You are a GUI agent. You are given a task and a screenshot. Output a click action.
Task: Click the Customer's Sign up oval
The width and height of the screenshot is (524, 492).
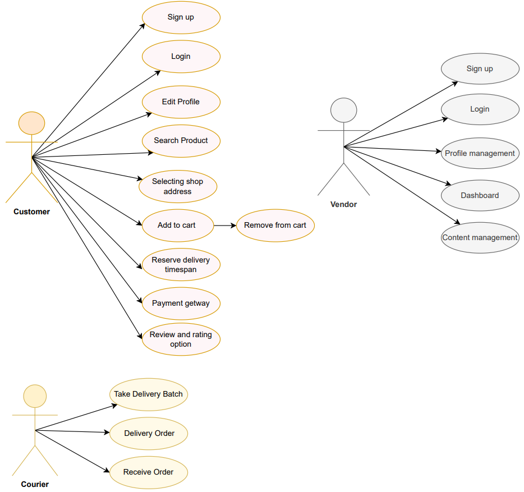[x=181, y=17]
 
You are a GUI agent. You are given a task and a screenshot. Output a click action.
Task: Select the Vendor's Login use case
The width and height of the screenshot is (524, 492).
[x=480, y=109]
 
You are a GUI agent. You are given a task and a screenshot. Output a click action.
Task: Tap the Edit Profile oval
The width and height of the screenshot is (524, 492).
[x=181, y=102]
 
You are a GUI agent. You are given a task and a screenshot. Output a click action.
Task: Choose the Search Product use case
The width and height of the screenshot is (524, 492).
[x=181, y=141]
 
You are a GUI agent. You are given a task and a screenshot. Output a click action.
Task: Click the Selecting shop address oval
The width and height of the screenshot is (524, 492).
[x=177, y=186]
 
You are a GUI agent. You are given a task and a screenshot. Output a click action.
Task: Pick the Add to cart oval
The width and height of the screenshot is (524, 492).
[x=177, y=226]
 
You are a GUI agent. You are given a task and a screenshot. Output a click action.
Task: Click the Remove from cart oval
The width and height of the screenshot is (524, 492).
[x=275, y=226]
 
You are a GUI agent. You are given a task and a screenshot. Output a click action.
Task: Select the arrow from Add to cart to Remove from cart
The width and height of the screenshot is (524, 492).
[x=224, y=226]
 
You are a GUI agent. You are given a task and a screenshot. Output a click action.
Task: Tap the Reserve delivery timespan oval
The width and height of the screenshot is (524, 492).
[x=181, y=265]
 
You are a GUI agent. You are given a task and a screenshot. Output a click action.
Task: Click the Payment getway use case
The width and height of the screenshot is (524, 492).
[x=181, y=304]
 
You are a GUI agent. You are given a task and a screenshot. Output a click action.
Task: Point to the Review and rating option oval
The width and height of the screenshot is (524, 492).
[x=181, y=339]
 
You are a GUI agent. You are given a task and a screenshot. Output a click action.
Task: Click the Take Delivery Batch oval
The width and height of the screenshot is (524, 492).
[x=148, y=394]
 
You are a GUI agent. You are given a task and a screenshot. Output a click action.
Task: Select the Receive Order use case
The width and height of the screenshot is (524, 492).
[x=148, y=472]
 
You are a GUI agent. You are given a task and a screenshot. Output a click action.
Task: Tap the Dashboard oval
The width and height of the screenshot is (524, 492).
[x=480, y=196]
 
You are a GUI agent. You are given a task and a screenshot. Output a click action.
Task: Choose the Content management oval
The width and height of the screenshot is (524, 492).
[x=480, y=238]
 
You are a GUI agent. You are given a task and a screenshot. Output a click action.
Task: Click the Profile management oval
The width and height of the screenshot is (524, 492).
[x=480, y=154]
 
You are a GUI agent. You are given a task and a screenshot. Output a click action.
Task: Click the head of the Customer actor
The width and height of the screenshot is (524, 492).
[x=31, y=123]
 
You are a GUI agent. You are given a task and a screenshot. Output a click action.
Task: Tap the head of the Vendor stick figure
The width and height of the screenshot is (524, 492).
[x=343, y=110]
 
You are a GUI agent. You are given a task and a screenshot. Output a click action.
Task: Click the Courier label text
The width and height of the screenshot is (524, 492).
[x=35, y=484]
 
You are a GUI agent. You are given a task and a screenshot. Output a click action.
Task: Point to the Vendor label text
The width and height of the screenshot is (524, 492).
[x=343, y=205]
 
